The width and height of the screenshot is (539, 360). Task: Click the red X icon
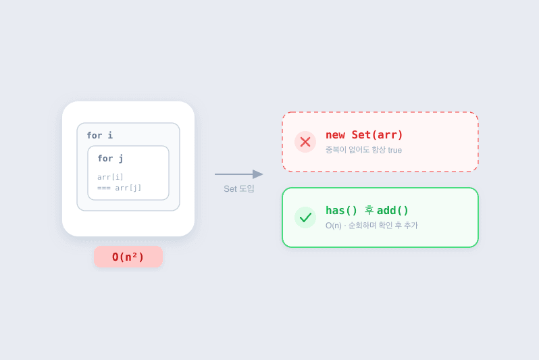point(305,142)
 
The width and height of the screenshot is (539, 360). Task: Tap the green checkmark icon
point(305,217)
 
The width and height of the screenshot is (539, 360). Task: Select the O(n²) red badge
point(128,257)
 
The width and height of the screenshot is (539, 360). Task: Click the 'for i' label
point(100,136)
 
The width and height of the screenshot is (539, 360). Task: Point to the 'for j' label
point(110,159)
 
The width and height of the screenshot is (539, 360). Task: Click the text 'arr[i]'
point(110,177)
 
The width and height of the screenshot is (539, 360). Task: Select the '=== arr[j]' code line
point(120,188)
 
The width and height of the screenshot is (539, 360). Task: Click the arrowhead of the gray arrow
point(258,174)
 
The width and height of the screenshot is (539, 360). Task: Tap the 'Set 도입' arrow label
point(239,188)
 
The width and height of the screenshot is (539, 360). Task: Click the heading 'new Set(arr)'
point(364,135)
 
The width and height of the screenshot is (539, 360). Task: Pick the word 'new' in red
point(335,135)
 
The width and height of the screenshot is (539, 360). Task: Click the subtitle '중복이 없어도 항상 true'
point(363,150)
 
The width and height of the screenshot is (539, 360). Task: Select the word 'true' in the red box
point(395,150)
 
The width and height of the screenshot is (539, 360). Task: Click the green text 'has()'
point(341,211)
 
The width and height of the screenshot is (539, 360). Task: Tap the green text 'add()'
point(392,211)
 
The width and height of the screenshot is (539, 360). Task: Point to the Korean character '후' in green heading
point(369,210)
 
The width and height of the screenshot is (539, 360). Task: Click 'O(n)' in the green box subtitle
point(334,226)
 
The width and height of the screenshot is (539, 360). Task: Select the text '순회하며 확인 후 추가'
point(383,226)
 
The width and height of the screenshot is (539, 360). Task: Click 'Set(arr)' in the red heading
point(377,135)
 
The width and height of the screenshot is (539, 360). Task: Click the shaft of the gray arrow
point(234,174)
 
